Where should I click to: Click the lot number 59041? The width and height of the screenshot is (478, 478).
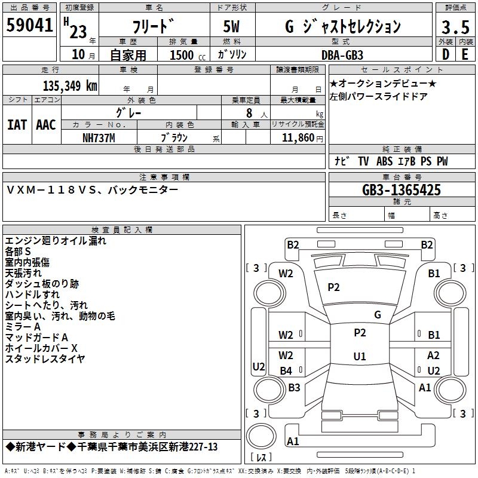point(29,25)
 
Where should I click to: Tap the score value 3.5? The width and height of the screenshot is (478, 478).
point(455,27)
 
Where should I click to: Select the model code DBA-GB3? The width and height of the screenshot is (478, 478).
point(342,55)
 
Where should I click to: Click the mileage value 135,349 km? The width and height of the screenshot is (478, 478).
point(70,86)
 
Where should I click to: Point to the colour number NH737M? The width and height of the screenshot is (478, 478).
point(99,138)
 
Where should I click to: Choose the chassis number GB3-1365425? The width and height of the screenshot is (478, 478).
point(402,190)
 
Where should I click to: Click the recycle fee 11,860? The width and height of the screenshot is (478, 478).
point(298,138)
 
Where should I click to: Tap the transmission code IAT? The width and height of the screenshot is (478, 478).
point(17,125)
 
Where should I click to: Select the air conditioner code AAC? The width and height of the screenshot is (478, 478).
point(46,125)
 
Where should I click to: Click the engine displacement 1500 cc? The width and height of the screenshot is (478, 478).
point(187,55)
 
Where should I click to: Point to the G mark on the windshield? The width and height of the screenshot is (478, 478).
point(378,314)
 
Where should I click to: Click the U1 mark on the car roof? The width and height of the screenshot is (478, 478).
point(360,356)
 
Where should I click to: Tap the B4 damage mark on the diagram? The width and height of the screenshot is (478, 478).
point(286,370)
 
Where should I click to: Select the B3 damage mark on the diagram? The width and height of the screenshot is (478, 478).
point(294,387)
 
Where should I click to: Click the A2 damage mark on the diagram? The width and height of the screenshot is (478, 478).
point(433,355)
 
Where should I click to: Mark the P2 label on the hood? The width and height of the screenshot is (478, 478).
point(333,287)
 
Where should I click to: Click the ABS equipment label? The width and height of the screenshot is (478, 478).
point(384,161)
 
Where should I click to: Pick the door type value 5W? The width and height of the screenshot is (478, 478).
point(231,26)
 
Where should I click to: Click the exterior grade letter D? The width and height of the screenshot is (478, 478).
point(445,54)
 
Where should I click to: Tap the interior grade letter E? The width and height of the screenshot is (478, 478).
point(465,54)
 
